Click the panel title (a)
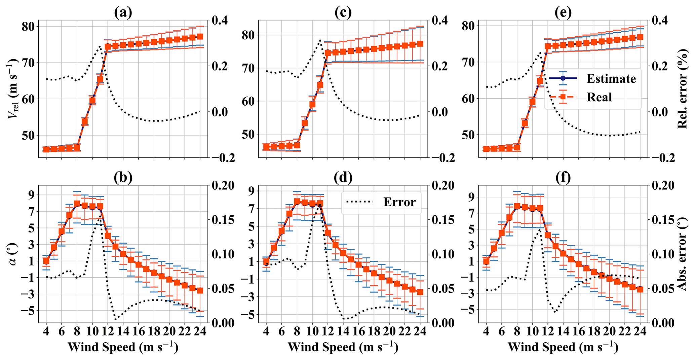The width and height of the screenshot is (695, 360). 123,12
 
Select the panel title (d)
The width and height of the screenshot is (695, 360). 343,177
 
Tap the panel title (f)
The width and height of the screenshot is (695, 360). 563,177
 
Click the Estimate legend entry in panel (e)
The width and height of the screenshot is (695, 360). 611,79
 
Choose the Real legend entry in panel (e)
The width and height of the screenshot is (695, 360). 599,97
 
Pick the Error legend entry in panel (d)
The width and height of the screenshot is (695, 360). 399,202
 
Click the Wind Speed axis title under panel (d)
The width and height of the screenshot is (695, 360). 343,347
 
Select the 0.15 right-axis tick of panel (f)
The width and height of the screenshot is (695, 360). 663,220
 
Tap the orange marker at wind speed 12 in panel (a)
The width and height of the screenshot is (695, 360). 108,47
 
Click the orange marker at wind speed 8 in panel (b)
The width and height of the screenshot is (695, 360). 77,204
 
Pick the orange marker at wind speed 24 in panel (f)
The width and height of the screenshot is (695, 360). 640,289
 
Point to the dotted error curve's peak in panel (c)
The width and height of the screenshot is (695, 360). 320,40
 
